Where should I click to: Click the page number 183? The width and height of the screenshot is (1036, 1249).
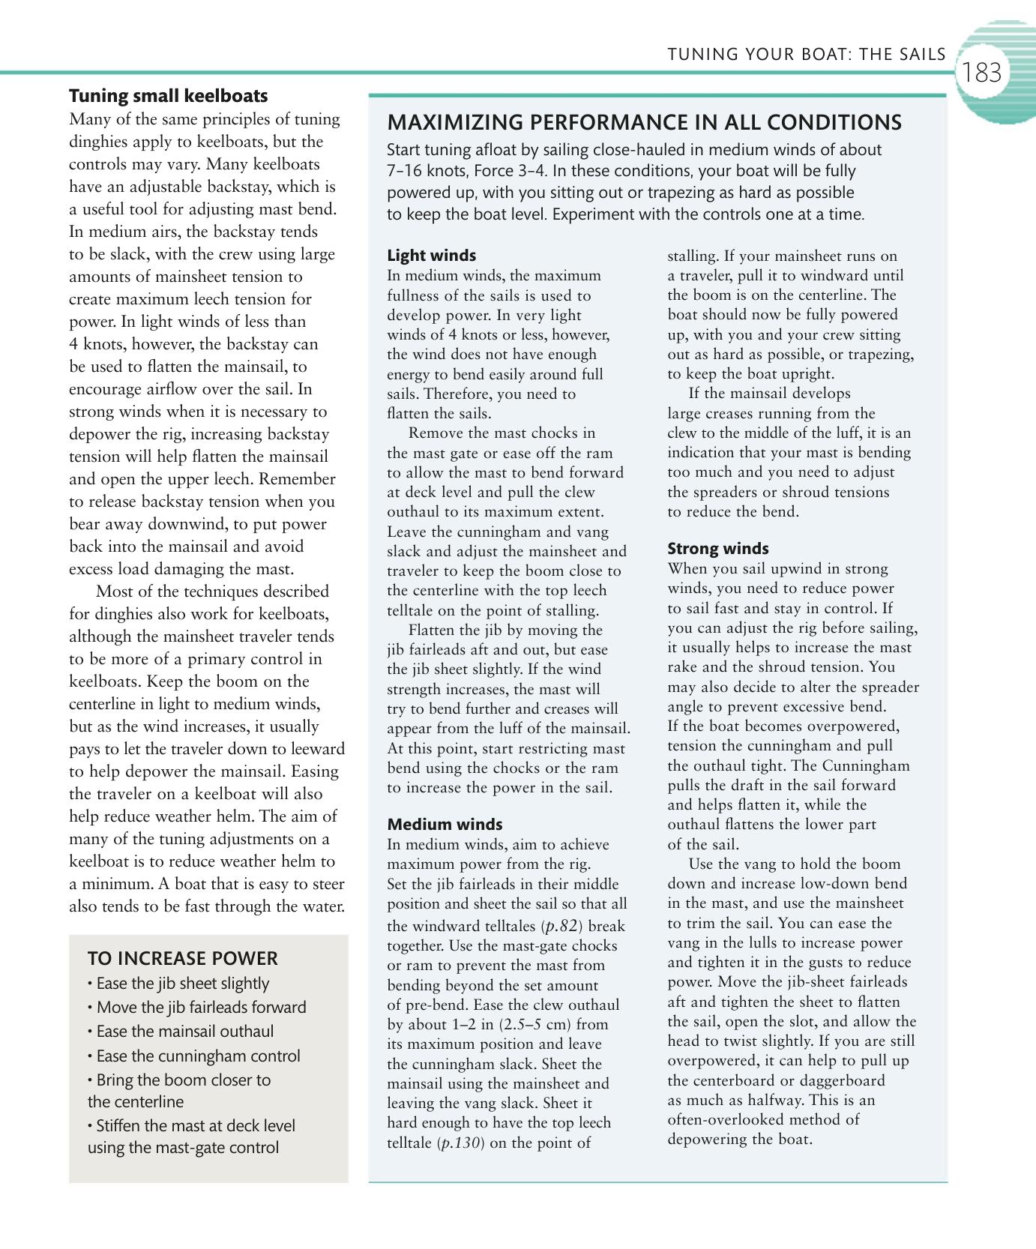pos(981,73)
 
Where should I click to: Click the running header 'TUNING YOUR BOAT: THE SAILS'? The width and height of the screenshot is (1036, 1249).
pos(807,54)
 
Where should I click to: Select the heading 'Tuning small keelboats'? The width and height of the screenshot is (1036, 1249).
pos(168,96)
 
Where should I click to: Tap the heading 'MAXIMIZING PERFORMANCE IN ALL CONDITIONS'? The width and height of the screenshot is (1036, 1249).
pos(644,123)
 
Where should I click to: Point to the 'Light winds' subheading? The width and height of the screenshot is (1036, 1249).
pos(431,256)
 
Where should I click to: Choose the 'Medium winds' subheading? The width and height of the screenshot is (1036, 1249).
pos(445,825)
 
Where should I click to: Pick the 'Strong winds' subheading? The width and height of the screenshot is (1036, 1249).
pos(717,549)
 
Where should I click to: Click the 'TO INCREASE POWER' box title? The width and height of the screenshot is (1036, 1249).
pos(182,959)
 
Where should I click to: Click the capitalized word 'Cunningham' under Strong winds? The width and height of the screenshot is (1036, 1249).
pos(865,765)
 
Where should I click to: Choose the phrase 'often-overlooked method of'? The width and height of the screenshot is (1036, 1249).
pos(763,1120)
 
